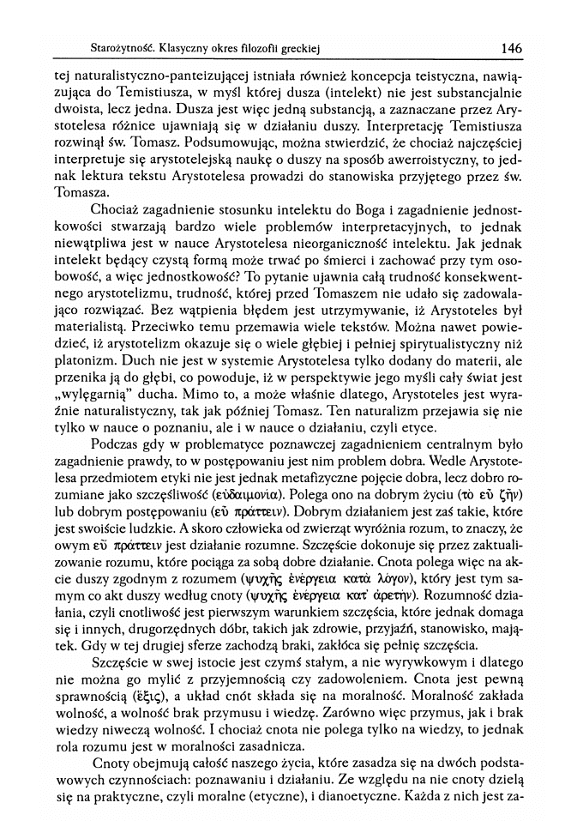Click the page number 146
tap(512, 49)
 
